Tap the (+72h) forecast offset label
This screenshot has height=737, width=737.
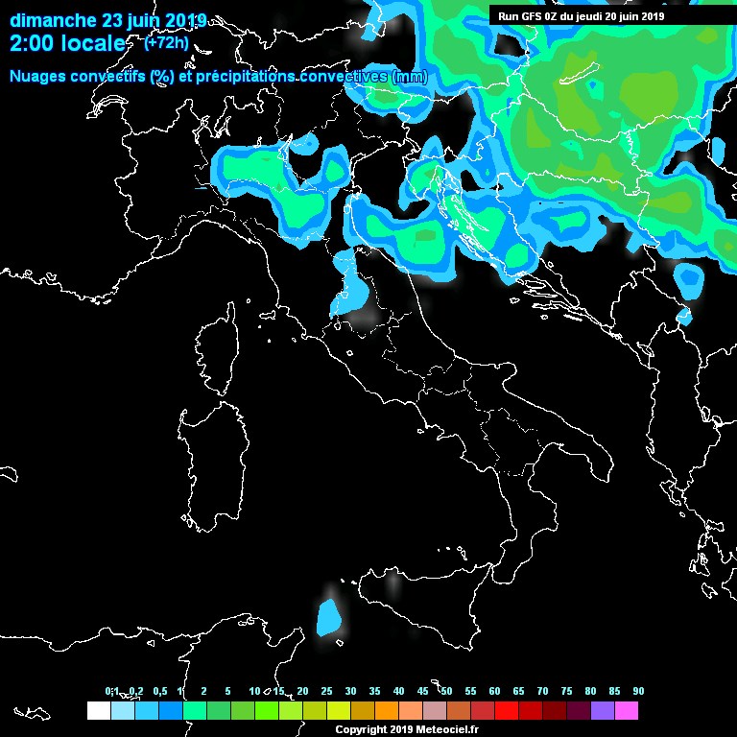(166, 43)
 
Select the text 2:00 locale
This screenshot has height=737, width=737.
(66, 44)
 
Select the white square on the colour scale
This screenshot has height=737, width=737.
(98, 710)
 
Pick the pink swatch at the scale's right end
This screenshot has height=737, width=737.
(626, 710)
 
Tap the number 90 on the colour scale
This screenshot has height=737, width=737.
(638, 692)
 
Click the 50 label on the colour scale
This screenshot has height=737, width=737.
(446, 692)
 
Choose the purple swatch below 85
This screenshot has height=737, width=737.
(602, 710)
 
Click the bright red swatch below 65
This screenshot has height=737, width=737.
(506, 710)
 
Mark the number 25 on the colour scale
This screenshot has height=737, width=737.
(326, 692)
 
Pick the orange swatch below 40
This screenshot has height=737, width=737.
(386, 710)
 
